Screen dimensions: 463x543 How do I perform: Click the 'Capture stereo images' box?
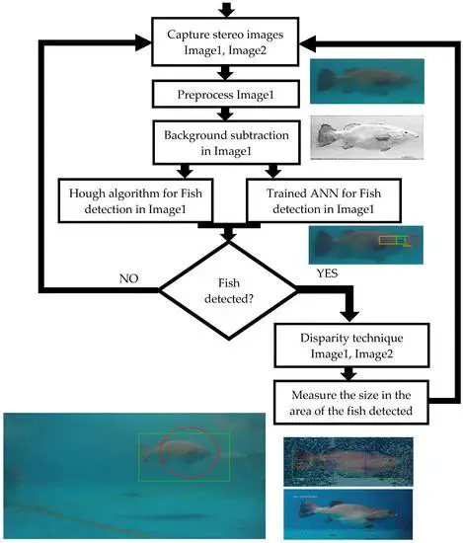[x=225, y=41]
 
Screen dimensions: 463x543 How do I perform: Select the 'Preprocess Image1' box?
[x=225, y=94]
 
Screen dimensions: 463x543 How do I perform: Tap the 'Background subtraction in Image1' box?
[x=226, y=142]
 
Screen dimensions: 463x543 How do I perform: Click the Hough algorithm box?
[x=135, y=200]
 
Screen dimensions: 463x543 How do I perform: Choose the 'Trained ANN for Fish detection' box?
[x=324, y=200]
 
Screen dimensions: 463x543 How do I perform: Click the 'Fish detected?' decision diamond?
[x=228, y=290]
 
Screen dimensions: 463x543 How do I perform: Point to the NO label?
[x=128, y=278]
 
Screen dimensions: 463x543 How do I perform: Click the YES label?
[x=327, y=273]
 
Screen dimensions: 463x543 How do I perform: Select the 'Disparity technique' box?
[x=351, y=346]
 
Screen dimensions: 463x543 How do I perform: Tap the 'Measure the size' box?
[x=351, y=403]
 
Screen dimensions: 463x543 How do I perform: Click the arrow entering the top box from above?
[x=227, y=9]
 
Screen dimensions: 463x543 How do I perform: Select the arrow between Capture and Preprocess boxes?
[x=226, y=73]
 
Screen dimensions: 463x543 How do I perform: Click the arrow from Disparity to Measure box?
[x=350, y=373]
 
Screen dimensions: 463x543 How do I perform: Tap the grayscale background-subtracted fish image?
[x=366, y=137]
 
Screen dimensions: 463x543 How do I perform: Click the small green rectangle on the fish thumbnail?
[x=401, y=240]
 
